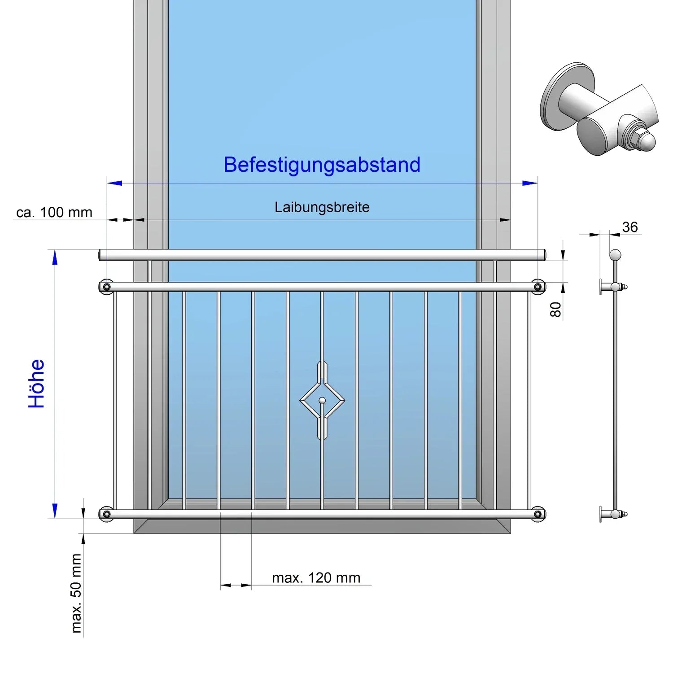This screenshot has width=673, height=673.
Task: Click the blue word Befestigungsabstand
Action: pyautogui.click(x=322, y=165)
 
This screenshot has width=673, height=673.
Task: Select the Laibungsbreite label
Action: pyautogui.click(x=322, y=207)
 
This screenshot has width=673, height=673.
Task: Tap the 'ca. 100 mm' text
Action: pyautogui.click(x=54, y=212)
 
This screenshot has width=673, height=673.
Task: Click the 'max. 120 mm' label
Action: pyautogui.click(x=316, y=578)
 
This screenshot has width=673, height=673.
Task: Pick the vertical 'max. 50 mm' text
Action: pyautogui.click(x=76, y=593)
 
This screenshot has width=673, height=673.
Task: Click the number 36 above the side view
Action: pyautogui.click(x=630, y=227)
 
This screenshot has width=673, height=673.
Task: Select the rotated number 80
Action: pyautogui.click(x=555, y=309)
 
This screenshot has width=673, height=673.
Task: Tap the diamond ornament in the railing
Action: pyautogui.click(x=322, y=400)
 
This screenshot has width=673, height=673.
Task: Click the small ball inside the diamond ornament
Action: pyautogui.click(x=322, y=400)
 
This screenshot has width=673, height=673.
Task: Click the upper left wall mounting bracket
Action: pyautogui.click(x=107, y=287)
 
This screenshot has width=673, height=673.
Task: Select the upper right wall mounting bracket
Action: pyautogui.click(x=538, y=287)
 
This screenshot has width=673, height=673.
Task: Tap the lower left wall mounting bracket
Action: pyautogui.click(x=107, y=514)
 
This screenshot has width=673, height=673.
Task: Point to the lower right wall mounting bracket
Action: pyautogui.click(x=538, y=514)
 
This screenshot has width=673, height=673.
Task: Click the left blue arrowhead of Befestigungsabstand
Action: pyautogui.click(x=115, y=183)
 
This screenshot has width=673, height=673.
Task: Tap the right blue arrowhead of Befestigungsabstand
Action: pyautogui.click(x=530, y=183)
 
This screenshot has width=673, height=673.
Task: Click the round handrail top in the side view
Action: pyautogui.click(x=616, y=255)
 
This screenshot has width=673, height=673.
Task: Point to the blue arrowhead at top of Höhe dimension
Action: pyautogui.click(x=55, y=258)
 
